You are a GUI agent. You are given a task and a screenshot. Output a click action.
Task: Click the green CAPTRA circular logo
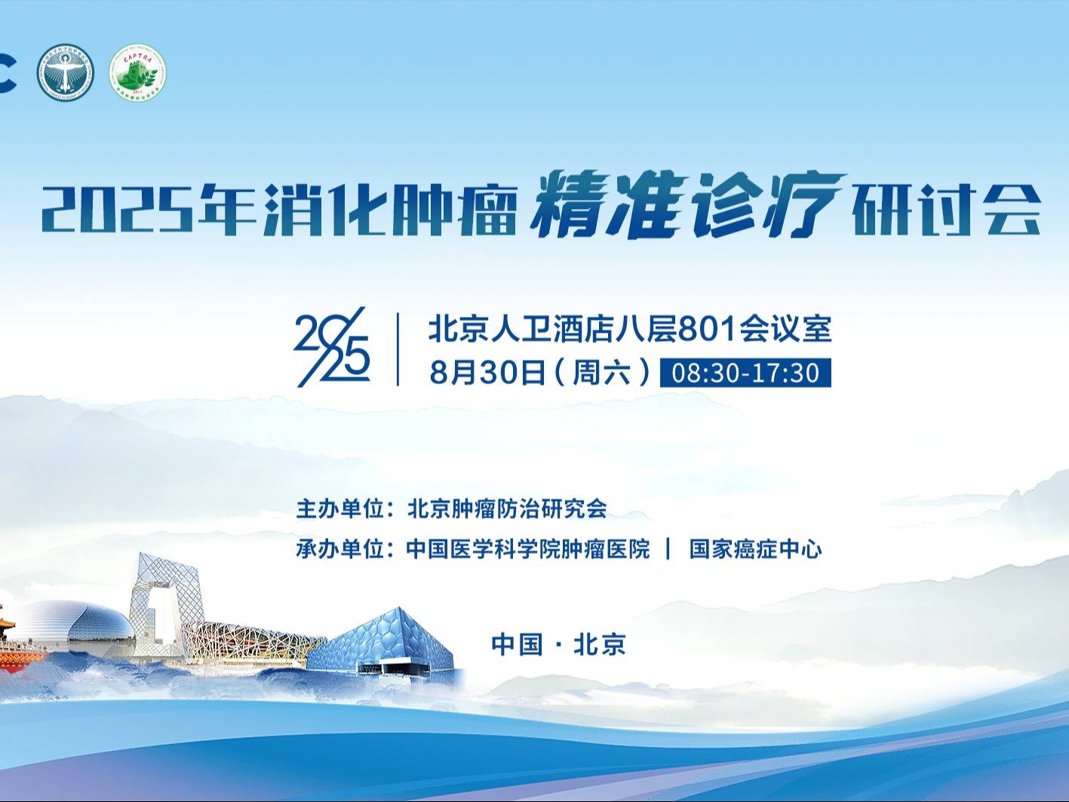click(137, 72)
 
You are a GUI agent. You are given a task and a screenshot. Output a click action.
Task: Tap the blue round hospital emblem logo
click(66, 72)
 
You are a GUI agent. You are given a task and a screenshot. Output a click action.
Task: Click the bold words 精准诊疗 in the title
click(687, 204)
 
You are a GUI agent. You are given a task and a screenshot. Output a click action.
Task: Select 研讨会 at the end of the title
click(946, 210)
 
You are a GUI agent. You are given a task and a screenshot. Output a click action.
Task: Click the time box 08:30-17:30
click(745, 373)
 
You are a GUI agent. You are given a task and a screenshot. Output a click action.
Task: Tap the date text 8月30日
click(487, 373)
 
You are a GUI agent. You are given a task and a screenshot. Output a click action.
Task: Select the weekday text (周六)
click(603, 373)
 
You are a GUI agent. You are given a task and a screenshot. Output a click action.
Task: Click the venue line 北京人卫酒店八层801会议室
click(630, 329)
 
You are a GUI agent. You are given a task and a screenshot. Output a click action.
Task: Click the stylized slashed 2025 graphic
click(332, 347)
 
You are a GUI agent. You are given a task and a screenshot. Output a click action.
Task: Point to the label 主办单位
click(340, 509)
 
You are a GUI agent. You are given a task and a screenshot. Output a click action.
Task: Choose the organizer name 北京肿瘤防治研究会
click(507, 509)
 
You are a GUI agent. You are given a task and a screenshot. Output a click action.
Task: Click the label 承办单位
click(340, 549)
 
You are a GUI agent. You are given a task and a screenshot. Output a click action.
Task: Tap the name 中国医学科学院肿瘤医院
click(528, 549)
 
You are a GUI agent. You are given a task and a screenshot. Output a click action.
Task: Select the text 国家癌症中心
click(755, 549)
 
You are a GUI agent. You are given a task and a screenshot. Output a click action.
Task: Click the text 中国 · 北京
click(558, 644)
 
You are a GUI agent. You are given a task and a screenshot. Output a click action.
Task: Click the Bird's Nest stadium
click(253, 642)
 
